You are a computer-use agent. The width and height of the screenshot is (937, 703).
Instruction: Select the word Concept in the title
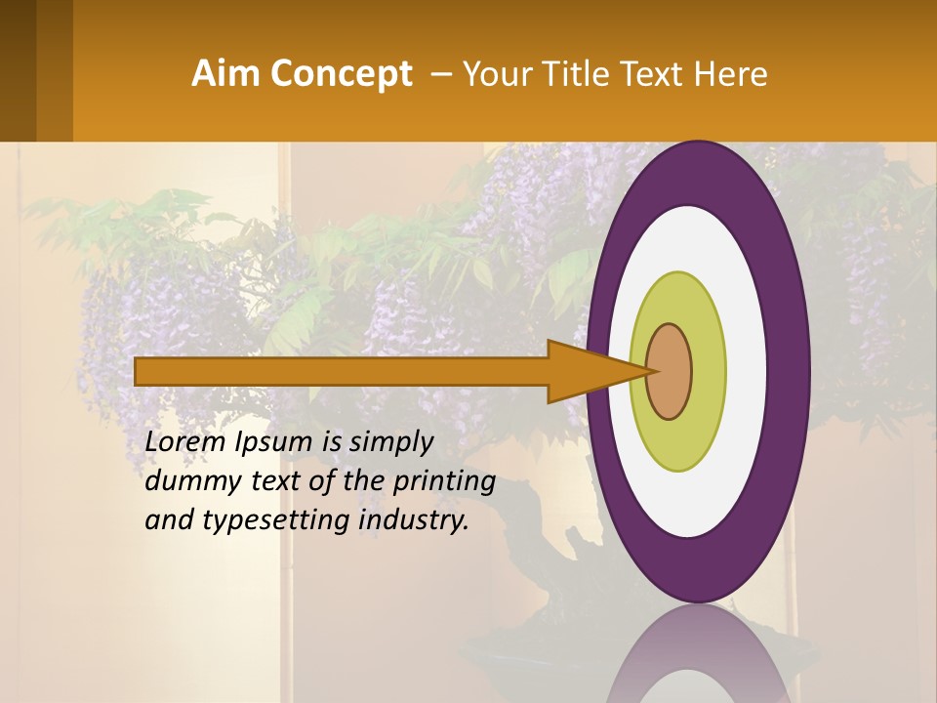[341, 74]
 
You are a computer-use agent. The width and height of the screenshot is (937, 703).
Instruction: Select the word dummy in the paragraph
[187, 481]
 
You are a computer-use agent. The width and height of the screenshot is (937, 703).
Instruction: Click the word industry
[414, 520]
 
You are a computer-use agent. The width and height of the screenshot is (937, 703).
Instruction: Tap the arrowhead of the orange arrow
[591, 371]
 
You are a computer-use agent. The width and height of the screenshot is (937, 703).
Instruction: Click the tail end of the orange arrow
[142, 371]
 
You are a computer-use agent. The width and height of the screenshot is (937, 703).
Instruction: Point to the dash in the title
[439, 74]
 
